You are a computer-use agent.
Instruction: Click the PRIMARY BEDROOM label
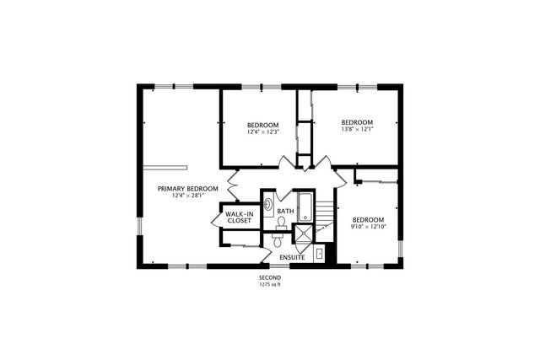pyautogui.click(x=187, y=188)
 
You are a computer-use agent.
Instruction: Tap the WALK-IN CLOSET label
pyautogui.click(x=239, y=218)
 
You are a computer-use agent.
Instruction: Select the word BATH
pyautogui.click(x=285, y=211)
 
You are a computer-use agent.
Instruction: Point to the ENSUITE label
pyautogui.click(x=292, y=255)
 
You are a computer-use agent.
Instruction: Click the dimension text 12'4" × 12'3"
pyautogui.click(x=262, y=132)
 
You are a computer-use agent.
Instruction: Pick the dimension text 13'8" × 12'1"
pyautogui.click(x=356, y=130)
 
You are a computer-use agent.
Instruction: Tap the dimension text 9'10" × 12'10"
pyautogui.click(x=368, y=227)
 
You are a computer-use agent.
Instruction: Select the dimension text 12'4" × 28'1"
pyautogui.click(x=187, y=196)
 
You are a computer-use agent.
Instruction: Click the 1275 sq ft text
pyautogui.click(x=269, y=285)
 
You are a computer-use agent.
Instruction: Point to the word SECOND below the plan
pyautogui.click(x=269, y=277)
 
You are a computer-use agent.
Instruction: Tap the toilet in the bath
pyautogui.click(x=281, y=223)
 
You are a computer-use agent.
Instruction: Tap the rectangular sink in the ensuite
pyautogui.click(x=319, y=253)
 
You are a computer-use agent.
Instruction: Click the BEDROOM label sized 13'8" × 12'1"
pyautogui.click(x=356, y=122)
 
